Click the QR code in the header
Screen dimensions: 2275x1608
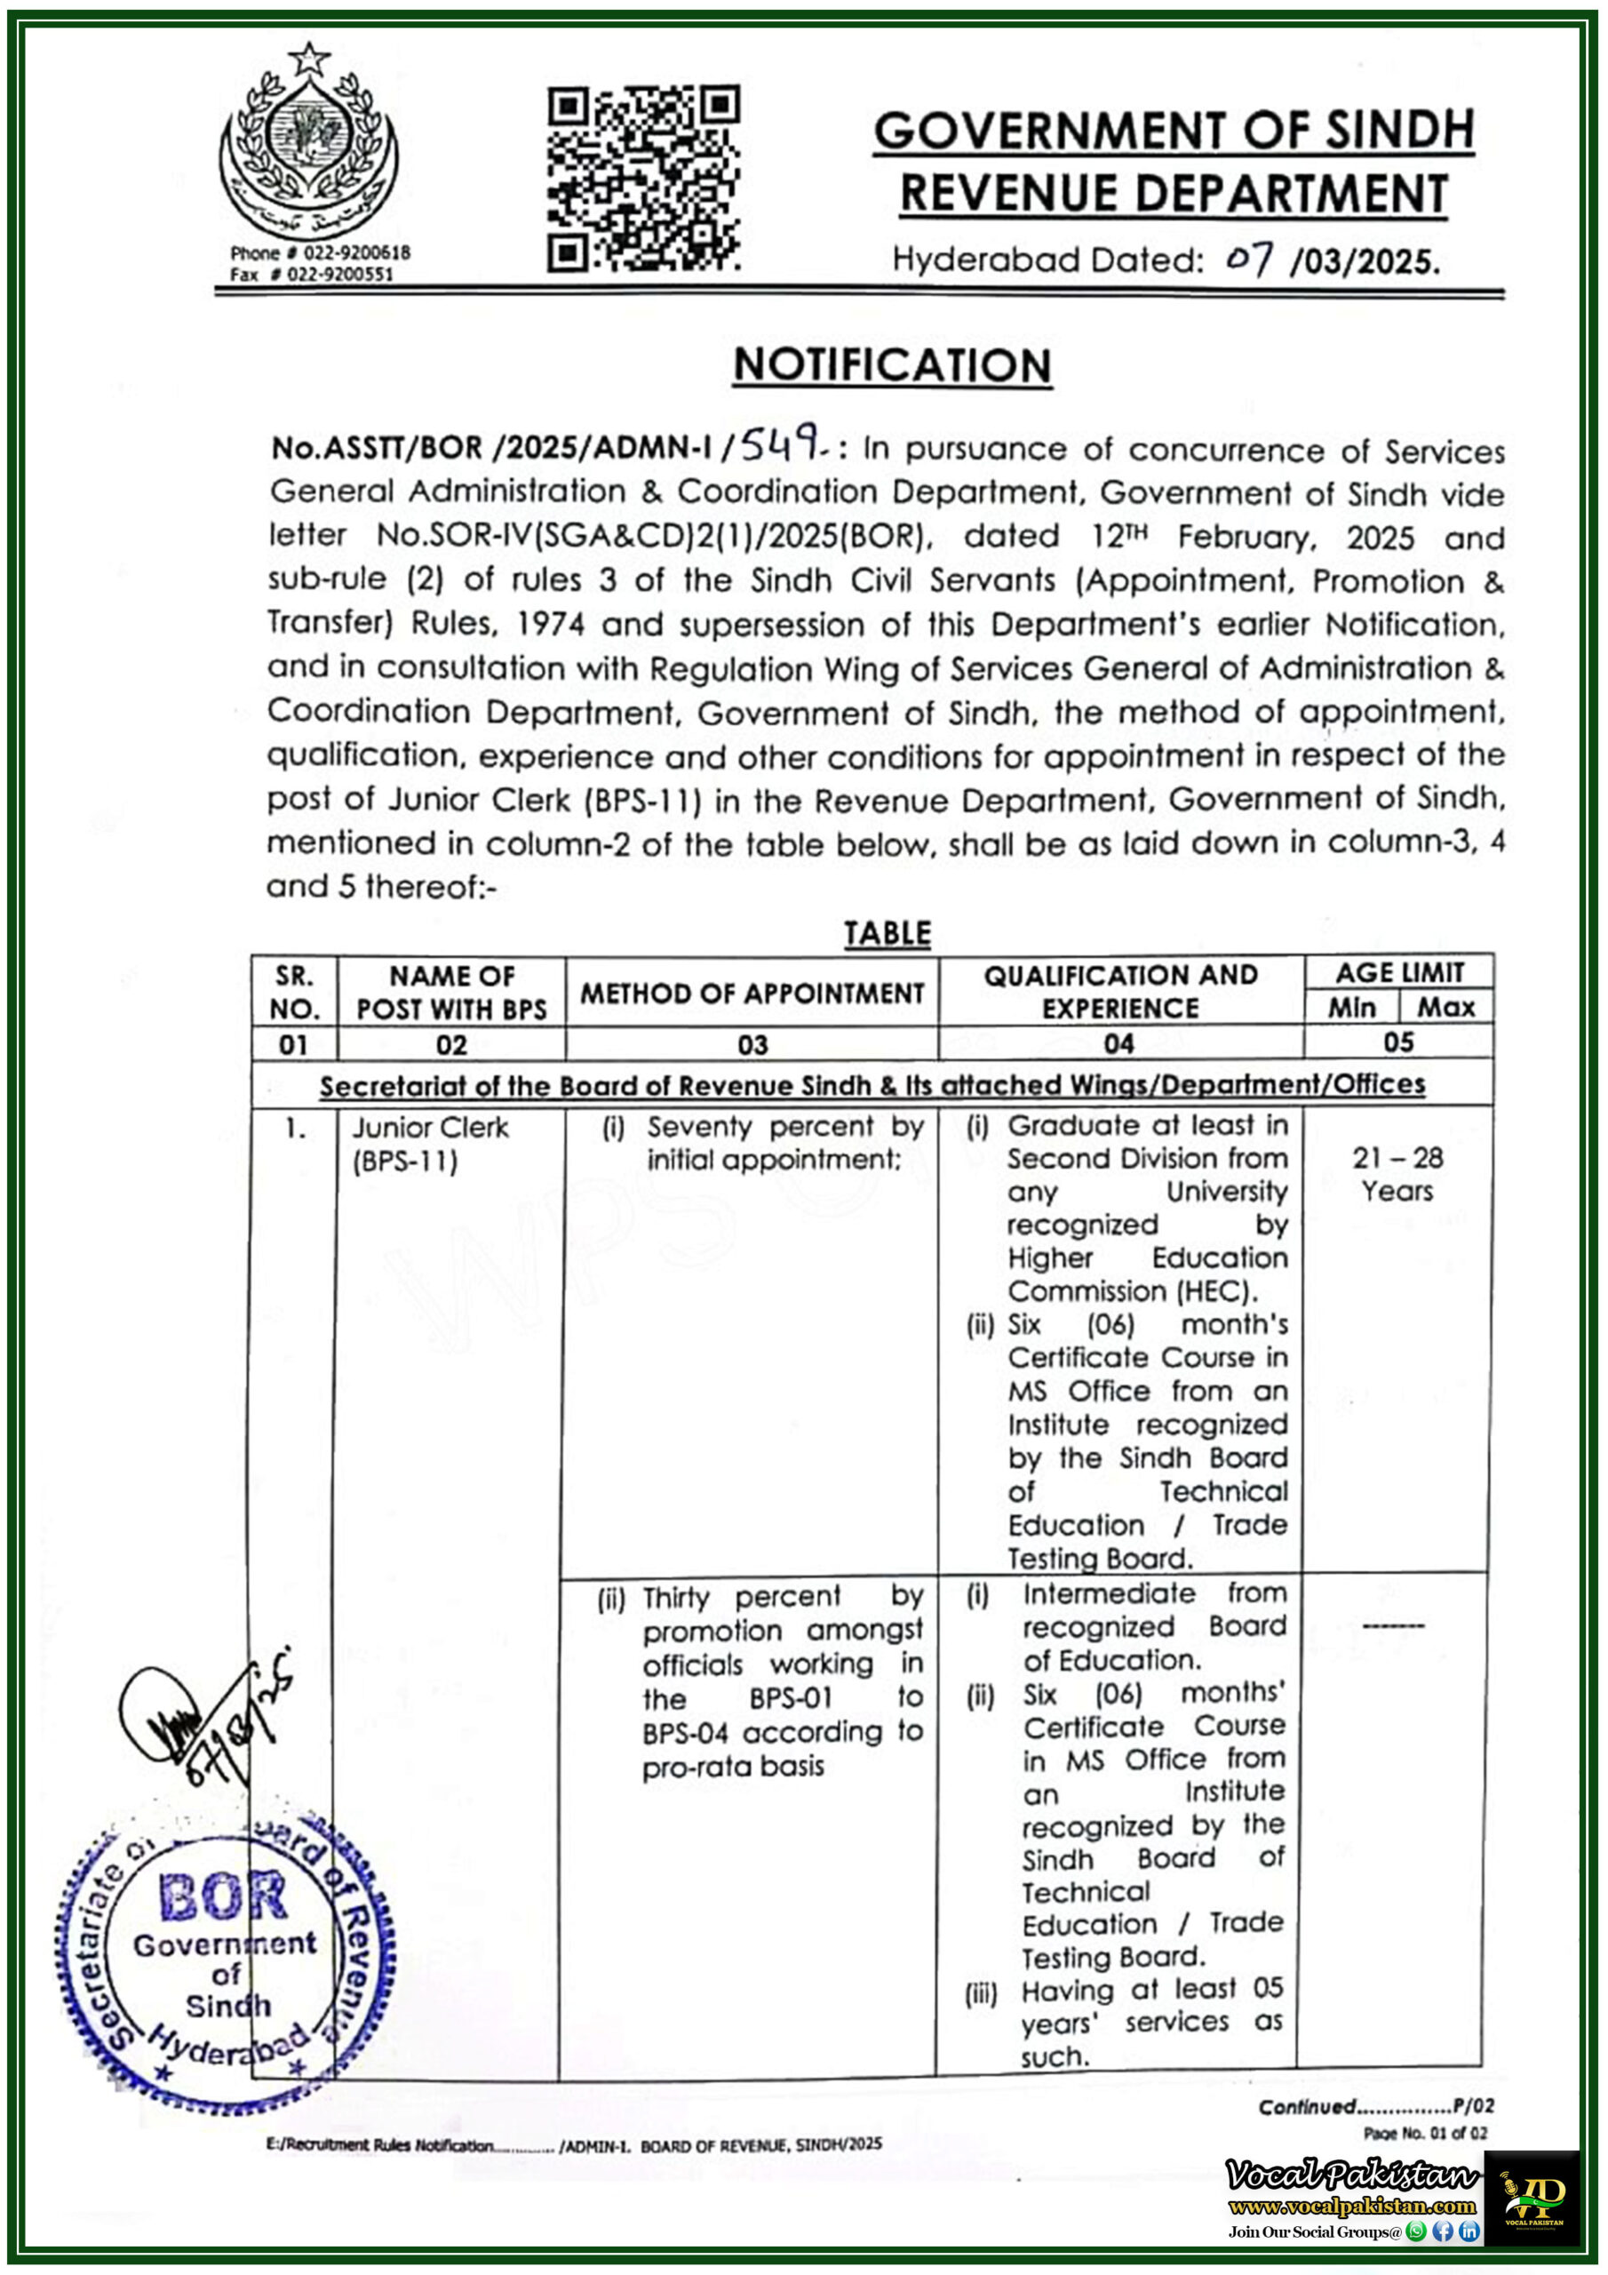[643, 180]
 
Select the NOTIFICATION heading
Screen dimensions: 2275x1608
[892, 364]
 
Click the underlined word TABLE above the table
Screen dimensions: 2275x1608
[887, 933]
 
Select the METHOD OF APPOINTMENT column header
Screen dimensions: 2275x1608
[751, 993]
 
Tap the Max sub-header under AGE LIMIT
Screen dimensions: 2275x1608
[1445, 1008]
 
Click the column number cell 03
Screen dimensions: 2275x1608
[751, 1044]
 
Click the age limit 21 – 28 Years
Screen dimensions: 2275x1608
[1397, 1173]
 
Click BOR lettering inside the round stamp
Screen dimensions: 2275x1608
[224, 1896]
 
